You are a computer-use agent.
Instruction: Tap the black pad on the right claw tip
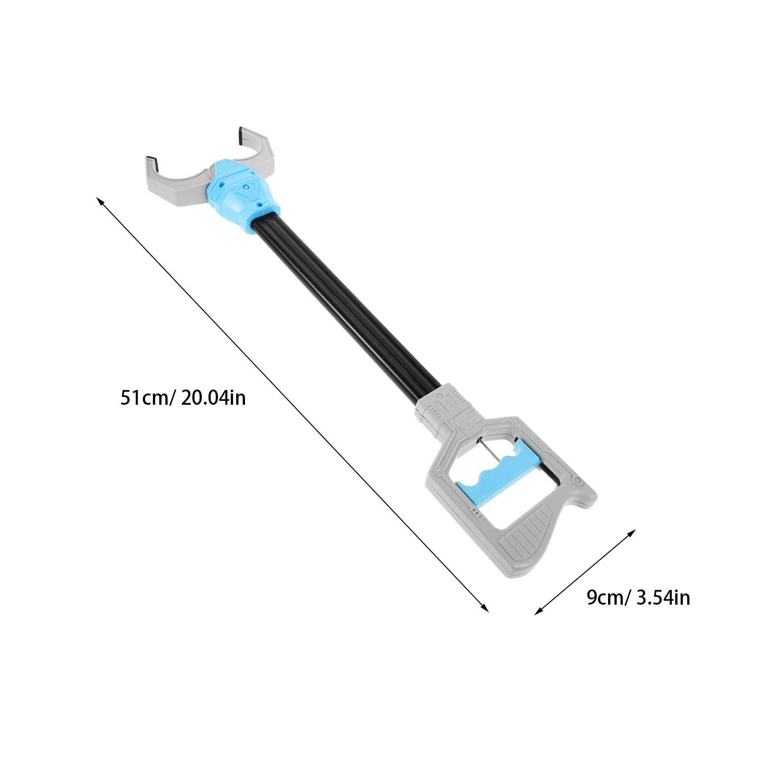pos(240,137)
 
